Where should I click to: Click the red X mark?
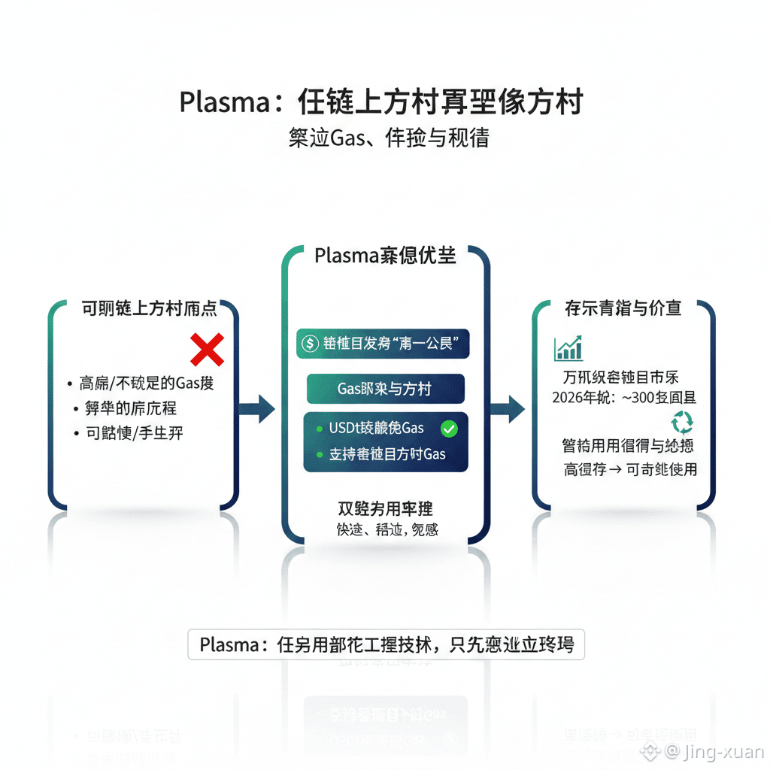[x=208, y=350]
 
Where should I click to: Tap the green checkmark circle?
[x=449, y=429]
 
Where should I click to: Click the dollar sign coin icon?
[x=310, y=343]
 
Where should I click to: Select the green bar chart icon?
[x=568, y=347]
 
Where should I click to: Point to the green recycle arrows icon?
[x=682, y=422]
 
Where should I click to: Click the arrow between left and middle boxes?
[x=257, y=408]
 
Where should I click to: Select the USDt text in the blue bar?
[x=346, y=429]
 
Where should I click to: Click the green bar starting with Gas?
[x=385, y=390]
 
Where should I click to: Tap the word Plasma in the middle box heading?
[x=345, y=256]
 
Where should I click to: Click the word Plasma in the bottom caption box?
[x=229, y=645]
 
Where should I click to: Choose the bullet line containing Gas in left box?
[x=147, y=383]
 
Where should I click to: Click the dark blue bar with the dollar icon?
[x=383, y=344]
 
